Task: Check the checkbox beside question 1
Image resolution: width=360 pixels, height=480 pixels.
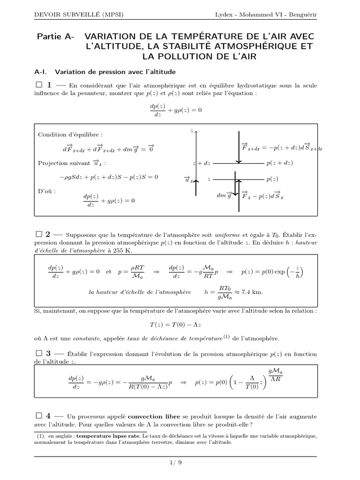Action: (x=39, y=85)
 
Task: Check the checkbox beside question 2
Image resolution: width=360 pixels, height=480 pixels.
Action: (x=39, y=234)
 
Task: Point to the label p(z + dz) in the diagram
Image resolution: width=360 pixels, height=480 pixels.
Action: (x=279, y=163)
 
